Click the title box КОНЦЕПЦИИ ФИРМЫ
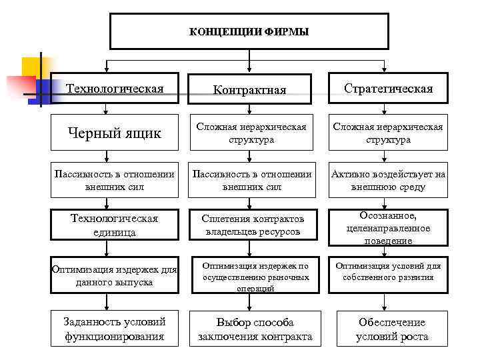pyautogui.click(x=249, y=31)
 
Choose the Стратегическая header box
pyautogui.click(x=388, y=89)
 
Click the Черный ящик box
pyautogui.click(x=115, y=133)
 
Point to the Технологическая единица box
pyautogui.click(x=115, y=225)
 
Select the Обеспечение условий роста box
pyautogui.click(x=391, y=329)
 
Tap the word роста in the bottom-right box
pyautogui.click(x=413, y=337)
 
